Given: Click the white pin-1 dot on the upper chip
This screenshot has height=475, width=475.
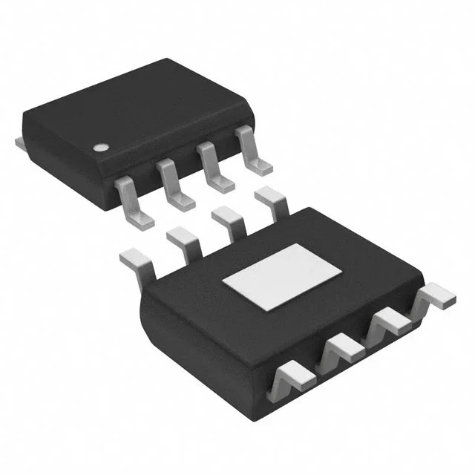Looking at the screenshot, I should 99,146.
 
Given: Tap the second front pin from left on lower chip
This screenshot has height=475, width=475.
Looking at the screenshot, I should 340,349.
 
